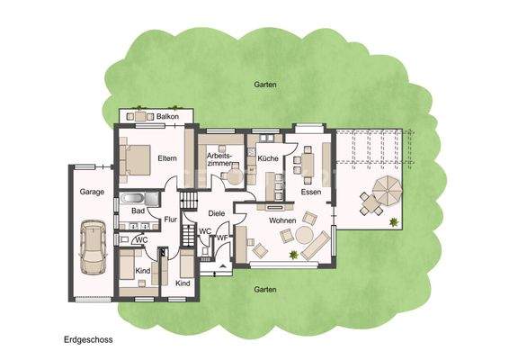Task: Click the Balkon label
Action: (x=168, y=118)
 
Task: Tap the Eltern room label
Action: (x=167, y=158)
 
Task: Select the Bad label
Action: (x=138, y=211)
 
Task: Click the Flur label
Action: (x=170, y=219)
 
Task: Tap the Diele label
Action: (x=216, y=213)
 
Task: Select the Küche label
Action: (x=267, y=158)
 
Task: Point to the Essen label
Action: (x=310, y=192)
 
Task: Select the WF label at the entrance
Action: (x=222, y=238)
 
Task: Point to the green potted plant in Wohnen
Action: (x=292, y=255)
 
